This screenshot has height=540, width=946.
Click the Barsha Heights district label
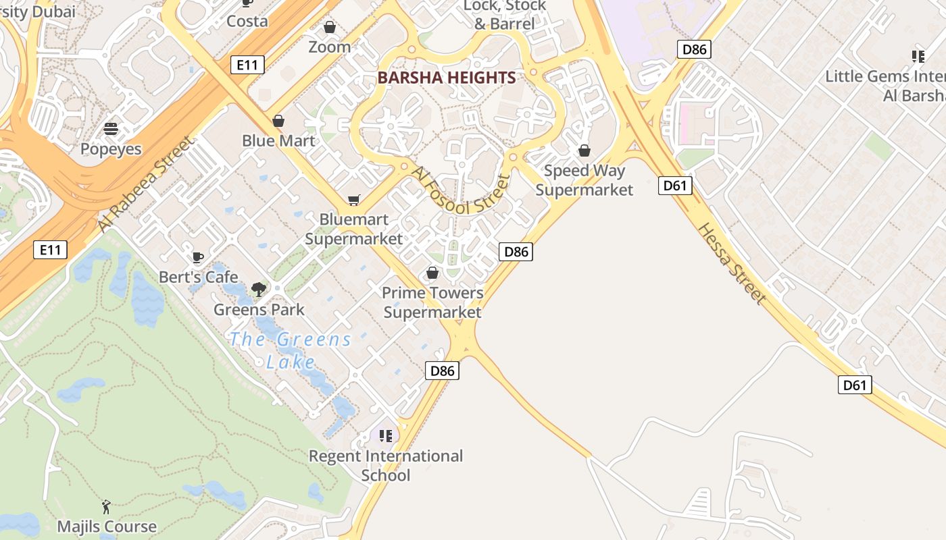[x=447, y=78]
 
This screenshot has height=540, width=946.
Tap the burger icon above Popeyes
[x=111, y=128]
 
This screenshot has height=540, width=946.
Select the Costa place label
[x=247, y=21]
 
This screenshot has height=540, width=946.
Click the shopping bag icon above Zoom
[x=330, y=27]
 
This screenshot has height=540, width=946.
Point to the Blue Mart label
[x=278, y=140]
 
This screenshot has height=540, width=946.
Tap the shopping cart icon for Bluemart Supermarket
[x=353, y=200]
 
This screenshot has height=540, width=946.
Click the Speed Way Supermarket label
[x=584, y=180]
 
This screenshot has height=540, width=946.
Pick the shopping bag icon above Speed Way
[x=584, y=151]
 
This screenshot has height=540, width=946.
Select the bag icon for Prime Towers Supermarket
[x=432, y=273]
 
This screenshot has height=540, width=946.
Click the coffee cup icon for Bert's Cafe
[x=198, y=257]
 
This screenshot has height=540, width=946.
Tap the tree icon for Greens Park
[x=258, y=290]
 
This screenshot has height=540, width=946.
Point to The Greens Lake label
[x=291, y=350]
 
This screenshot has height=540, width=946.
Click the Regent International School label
[x=386, y=465]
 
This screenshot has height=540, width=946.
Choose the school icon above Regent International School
[x=386, y=435]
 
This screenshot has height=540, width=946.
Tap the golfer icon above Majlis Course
[x=106, y=506]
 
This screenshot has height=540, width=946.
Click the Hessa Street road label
[x=732, y=263]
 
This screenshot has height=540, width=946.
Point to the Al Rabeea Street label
[x=145, y=184]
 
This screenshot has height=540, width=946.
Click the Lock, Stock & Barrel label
[x=504, y=15]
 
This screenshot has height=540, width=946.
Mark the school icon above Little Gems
[x=918, y=56]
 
